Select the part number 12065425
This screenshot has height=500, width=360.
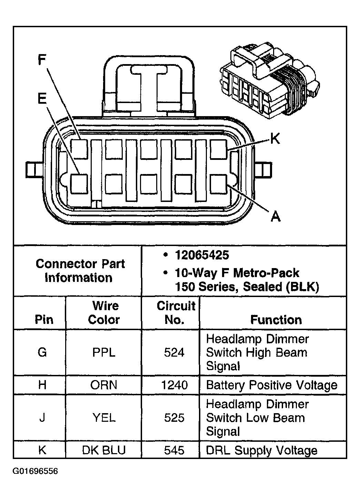pos(202,255)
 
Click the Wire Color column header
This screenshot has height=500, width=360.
pos(103,313)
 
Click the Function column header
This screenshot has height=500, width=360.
pos(276,320)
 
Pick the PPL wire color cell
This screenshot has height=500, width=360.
pos(103,352)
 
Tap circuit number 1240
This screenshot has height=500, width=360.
pos(174,385)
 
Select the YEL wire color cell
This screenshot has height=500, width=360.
pos(103,418)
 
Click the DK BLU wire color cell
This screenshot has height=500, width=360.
pos(103,450)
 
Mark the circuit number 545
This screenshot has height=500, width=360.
pos(174,450)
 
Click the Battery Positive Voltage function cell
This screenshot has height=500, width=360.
pos(272,385)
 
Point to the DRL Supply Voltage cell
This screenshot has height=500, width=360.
pos(262,450)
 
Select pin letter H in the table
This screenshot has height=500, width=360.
pos(42,385)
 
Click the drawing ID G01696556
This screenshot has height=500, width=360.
pos(36,471)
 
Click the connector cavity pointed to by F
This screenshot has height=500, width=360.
pos(79,149)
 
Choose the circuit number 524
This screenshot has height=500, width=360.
pos(174,352)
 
